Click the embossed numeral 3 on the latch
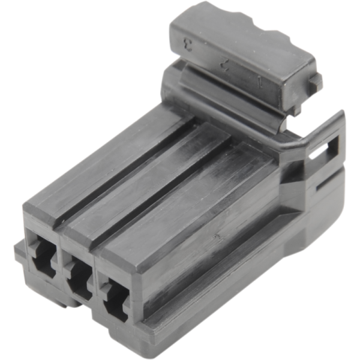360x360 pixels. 188,44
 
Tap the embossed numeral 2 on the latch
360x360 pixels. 224,61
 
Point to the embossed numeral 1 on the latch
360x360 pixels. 259,79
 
